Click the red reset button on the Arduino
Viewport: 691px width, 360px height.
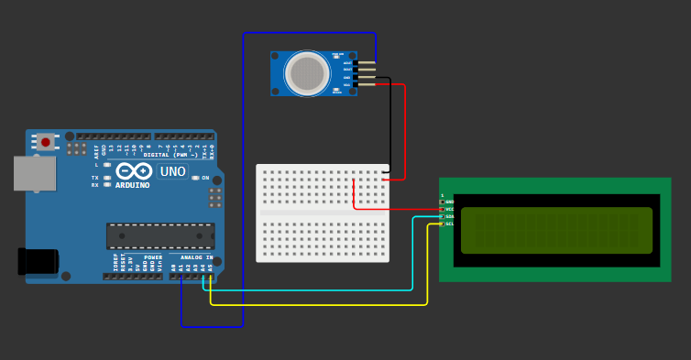click(45, 142)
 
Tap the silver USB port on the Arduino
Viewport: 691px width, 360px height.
click(35, 173)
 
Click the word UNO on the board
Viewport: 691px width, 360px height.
click(172, 171)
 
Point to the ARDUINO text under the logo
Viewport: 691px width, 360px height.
click(132, 185)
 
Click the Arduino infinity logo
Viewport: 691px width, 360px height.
click(133, 170)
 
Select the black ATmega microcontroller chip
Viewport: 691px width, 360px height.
click(160, 236)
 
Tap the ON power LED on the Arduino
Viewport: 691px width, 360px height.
click(196, 178)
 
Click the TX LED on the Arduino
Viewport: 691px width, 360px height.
click(107, 178)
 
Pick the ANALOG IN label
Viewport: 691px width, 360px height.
click(196, 257)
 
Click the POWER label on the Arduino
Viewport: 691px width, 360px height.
click(153, 257)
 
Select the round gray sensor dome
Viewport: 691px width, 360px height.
click(307, 73)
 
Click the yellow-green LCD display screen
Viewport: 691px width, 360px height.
click(556, 230)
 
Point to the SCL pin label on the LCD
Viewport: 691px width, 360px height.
click(449, 224)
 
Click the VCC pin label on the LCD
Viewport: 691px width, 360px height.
click(449, 209)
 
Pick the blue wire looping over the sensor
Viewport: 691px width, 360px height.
click(244, 183)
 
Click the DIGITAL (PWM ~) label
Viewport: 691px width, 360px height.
click(170, 155)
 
